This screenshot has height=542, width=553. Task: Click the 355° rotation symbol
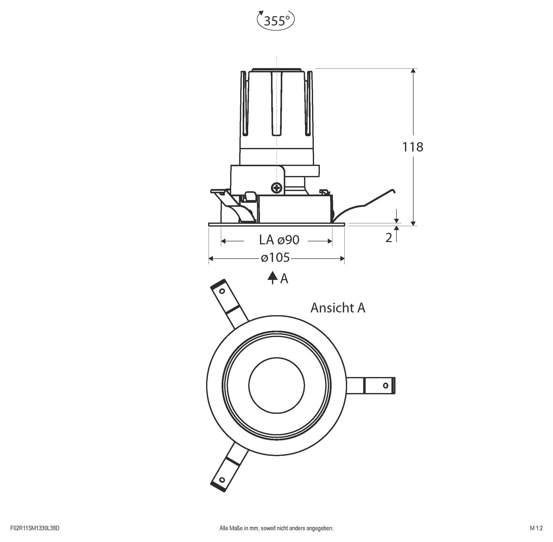click(275, 21)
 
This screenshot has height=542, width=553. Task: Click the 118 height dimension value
click(412, 147)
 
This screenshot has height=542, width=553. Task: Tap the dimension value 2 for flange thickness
click(389, 238)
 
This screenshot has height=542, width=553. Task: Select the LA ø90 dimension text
click(279, 240)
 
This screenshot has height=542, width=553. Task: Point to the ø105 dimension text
click(275, 258)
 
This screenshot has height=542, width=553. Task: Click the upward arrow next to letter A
click(272, 277)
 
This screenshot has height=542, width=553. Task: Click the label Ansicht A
click(337, 308)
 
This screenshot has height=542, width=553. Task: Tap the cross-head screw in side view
click(276, 188)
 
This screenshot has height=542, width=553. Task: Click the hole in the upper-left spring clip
click(222, 291)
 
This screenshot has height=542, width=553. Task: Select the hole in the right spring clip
click(385, 386)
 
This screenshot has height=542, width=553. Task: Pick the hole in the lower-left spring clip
click(222, 480)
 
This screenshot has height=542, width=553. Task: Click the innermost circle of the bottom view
click(276, 385)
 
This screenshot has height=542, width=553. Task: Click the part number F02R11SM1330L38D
click(35, 528)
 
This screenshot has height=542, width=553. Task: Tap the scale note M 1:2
click(536, 528)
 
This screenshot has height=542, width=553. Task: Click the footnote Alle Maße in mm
click(276, 528)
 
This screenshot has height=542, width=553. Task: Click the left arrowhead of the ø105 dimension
click(211, 258)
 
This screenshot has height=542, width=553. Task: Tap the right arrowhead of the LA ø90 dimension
click(330, 241)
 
